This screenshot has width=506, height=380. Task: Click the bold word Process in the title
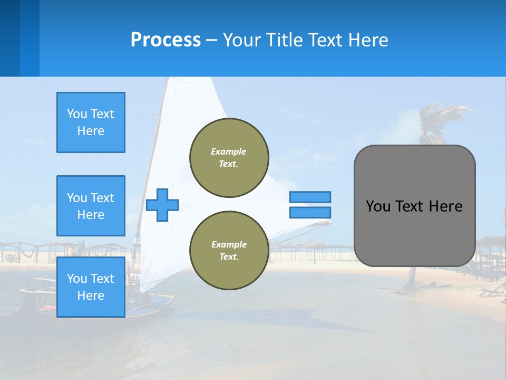166,40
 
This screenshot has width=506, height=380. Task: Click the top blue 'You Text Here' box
91,122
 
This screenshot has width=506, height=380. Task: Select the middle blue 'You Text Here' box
91,206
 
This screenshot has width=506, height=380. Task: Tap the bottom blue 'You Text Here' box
91,287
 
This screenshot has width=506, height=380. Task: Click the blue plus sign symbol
162,205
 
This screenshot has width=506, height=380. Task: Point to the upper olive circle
229,158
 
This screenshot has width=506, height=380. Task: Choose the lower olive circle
229,251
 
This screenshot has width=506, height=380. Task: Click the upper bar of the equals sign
310,197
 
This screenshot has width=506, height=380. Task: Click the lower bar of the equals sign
310,212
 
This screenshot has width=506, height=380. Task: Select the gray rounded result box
414,206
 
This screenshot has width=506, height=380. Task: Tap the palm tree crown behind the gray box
443,119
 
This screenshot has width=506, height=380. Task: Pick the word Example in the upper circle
229,151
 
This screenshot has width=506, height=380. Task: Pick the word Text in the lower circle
228,257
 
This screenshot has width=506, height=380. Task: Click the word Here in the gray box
445,206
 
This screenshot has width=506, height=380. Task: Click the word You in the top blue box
76,114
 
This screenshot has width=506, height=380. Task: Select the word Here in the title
368,40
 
